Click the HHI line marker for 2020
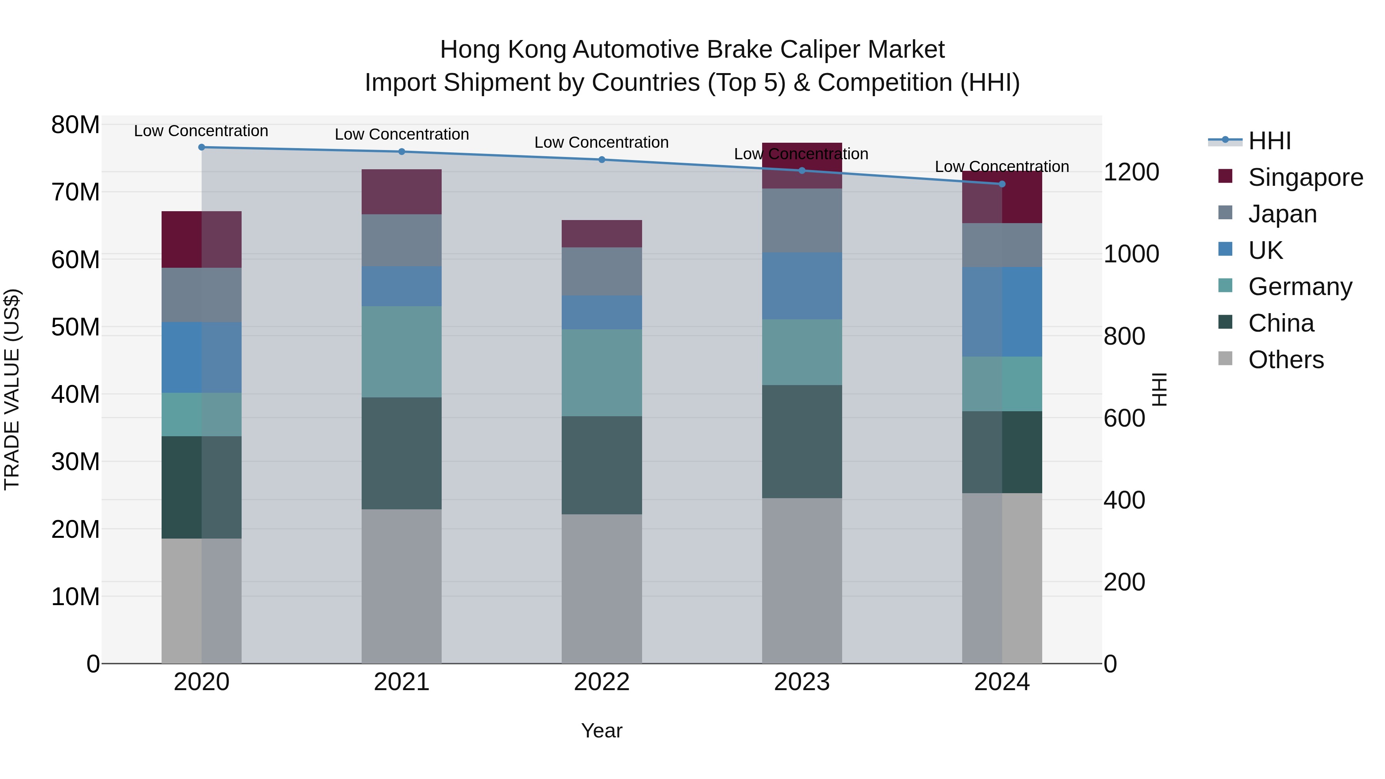click(202, 147)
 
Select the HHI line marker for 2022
click(602, 160)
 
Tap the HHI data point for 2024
click(1002, 184)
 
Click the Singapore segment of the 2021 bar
click(402, 192)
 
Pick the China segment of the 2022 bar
click(602, 465)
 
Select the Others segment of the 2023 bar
click(802, 580)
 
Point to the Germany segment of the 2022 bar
click(602, 372)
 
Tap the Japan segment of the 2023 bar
click(802, 220)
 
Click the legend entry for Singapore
click(1305, 177)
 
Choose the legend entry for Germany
click(1300, 287)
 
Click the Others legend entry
click(1285, 360)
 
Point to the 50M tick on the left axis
click(75, 327)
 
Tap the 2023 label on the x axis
click(802, 682)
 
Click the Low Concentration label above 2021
click(402, 134)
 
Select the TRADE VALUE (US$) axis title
click(12, 389)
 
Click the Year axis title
click(602, 731)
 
